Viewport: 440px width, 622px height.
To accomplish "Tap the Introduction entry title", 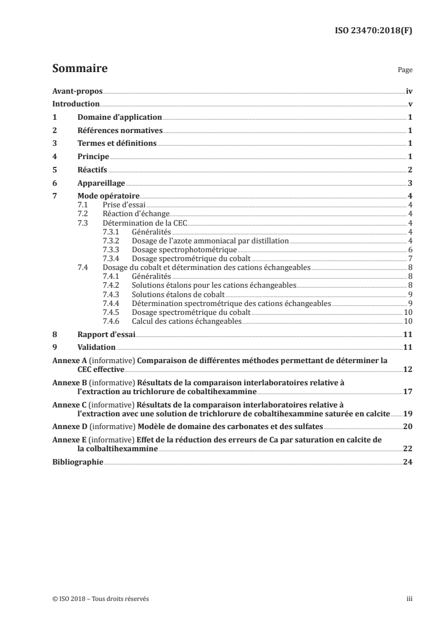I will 76,104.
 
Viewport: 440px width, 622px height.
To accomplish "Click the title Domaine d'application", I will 119,118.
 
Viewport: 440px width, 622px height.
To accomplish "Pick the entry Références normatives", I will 120,130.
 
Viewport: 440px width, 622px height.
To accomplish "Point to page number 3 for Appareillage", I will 409,183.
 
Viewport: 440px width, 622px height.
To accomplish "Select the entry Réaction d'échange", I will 132,213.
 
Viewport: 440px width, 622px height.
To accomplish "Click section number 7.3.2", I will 113,240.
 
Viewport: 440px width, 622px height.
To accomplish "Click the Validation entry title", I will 97,347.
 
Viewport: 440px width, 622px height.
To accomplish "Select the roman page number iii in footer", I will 409,598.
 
